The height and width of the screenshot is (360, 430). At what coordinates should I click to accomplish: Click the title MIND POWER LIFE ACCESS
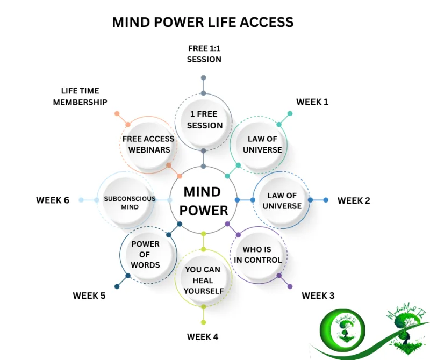point(203,22)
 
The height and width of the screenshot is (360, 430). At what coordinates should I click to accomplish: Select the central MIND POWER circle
point(203,200)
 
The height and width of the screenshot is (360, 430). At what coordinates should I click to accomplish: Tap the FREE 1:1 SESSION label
point(204,54)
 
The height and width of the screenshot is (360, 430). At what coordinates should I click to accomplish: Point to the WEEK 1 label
point(312,102)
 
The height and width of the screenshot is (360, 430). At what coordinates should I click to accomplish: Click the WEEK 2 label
point(354,200)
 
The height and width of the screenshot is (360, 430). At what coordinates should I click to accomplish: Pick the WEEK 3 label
point(318,295)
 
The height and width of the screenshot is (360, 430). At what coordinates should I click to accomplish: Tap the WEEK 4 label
point(203,337)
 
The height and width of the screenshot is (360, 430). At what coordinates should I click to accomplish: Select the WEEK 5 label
point(89,296)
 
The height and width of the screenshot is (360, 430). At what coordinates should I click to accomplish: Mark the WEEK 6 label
point(53,200)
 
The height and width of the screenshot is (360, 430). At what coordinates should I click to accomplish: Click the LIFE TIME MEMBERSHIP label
point(80,97)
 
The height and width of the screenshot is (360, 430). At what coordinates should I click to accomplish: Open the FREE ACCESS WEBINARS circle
point(148,145)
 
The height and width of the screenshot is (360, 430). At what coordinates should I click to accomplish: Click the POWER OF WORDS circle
point(145,254)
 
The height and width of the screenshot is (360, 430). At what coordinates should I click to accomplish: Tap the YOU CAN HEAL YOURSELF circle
point(203,279)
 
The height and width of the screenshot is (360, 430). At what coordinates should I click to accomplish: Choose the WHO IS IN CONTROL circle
point(258,255)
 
